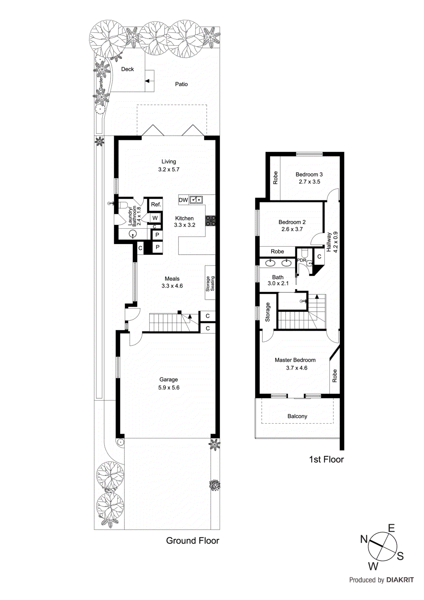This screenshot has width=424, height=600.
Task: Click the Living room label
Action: pos(168,162)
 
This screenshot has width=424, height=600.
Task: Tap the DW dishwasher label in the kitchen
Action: pos(183,200)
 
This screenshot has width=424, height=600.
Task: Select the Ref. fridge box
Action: pos(156,204)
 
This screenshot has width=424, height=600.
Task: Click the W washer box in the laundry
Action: pos(155,218)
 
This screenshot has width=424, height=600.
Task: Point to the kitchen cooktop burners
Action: pos(210,221)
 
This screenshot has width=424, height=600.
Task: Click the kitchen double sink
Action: pos(196,200)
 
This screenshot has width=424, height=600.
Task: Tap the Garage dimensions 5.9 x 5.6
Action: pos(169,388)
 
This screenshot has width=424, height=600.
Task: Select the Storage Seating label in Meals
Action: pos(210,283)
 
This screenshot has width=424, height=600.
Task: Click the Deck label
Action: pos(127,69)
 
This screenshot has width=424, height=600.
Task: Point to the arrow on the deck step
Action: pos(147,81)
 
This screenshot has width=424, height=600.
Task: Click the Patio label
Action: pos(181,84)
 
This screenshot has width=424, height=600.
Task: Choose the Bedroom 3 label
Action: pos(309,174)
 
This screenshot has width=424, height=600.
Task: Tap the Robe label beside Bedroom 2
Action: pos(277,252)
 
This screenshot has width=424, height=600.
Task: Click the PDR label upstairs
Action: pos(302,260)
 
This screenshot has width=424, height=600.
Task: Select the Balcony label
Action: pos(297,416)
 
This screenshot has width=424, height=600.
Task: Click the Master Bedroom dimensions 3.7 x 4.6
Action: pos(297,368)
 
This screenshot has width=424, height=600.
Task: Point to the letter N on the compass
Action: pos(364,539)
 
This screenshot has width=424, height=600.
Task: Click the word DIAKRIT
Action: pos(400,580)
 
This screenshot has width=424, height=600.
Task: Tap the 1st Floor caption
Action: pos(326,459)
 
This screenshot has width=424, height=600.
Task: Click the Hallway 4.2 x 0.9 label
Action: pos(332,242)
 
